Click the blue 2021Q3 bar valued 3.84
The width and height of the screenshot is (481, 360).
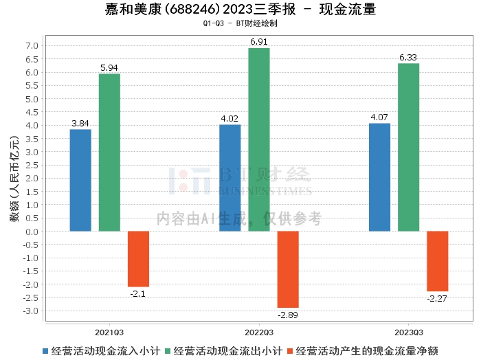80,180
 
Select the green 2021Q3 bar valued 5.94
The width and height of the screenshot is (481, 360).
109,153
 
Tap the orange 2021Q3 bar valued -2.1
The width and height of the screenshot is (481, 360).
138,259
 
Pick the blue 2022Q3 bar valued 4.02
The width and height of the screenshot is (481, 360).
230,178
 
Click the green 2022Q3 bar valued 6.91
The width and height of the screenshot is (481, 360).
259,139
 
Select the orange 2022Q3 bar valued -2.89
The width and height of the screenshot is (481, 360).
288,269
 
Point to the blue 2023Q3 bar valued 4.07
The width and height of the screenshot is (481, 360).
379,177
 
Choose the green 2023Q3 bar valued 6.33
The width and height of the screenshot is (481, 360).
408,147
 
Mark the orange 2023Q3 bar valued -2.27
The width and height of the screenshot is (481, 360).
437,261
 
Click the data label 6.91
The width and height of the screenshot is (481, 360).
259,42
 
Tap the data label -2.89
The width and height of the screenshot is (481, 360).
288,315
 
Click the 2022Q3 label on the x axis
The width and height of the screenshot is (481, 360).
259,331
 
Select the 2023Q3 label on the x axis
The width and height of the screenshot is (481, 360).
408,331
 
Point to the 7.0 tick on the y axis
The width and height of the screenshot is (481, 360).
32,46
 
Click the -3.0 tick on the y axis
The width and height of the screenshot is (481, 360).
30,311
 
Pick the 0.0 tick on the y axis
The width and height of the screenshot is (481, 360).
32,232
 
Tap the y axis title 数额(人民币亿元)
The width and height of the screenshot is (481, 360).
13,179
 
